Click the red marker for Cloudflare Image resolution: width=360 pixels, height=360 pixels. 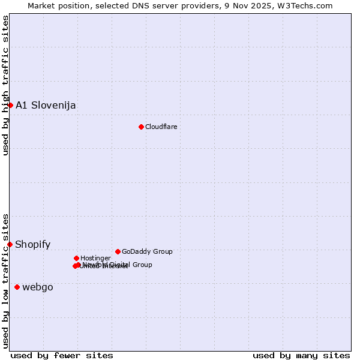(141, 127)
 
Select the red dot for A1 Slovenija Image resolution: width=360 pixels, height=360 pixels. (10, 105)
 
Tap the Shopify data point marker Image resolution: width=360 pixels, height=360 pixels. (10, 244)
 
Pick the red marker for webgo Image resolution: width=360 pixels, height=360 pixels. (17, 287)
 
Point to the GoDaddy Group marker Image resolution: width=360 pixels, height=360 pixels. (118, 251)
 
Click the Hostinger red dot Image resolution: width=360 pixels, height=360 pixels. (76, 258)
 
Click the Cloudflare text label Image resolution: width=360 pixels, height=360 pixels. (161, 127)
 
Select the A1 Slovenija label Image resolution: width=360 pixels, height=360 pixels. (46, 105)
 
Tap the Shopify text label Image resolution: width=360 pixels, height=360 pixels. (32, 244)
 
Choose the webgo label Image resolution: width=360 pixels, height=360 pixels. (38, 287)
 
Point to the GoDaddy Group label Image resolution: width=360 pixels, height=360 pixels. (147, 251)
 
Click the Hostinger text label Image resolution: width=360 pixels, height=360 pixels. (95, 258)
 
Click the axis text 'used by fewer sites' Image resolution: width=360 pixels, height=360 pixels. (62, 355)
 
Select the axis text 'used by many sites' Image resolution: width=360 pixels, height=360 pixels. (301, 355)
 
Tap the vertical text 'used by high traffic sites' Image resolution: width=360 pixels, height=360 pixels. (5, 85)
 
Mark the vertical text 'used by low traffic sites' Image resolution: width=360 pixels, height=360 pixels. (5, 280)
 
